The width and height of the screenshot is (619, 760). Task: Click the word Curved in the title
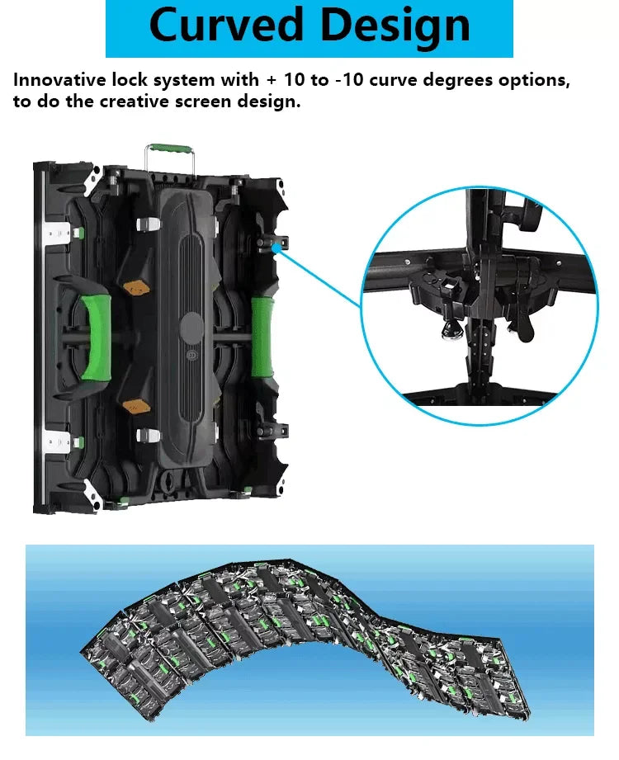point(226,26)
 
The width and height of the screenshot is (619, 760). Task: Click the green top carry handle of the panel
point(170,149)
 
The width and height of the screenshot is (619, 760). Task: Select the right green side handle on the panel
point(262,338)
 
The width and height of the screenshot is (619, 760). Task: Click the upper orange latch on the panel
point(137,287)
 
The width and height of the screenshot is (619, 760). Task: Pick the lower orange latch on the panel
point(136,406)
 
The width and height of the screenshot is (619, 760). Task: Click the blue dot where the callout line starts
point(276,248)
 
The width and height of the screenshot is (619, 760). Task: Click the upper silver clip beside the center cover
point(149,224)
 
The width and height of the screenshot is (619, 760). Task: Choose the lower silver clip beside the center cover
point(148,435)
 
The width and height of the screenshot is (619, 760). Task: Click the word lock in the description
point(130,80)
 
